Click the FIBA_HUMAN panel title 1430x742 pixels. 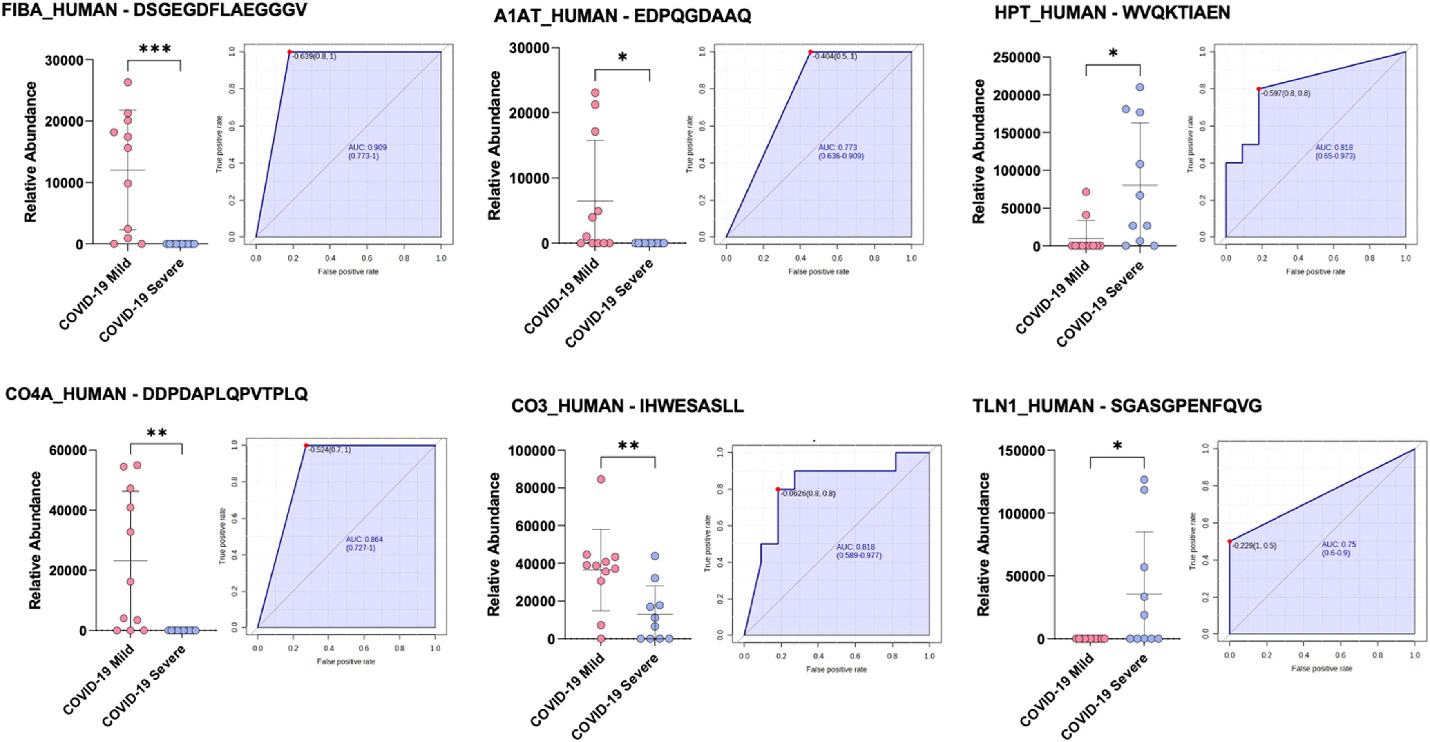pos(154,10)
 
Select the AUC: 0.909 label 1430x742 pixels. pos(367,147)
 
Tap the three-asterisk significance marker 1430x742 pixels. pos(155,49)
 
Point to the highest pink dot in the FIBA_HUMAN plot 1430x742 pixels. pos(127,82)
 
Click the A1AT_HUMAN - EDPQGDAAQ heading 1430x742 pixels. pos(622,16)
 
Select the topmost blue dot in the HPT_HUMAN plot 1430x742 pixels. pos(1140,87)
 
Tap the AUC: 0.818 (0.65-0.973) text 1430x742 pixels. pos(1334,152)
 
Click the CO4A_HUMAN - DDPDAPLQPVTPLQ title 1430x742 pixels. pos(156,394)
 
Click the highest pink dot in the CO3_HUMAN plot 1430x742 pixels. pos(601,479)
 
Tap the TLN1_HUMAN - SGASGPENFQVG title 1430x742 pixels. pos(1117,406)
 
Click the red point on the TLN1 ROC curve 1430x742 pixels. pos(1230,541)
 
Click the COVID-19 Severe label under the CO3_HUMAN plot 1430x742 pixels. pos(614,696)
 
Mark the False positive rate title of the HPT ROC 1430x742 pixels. pos(1315,272)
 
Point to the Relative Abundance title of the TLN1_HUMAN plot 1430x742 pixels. pos(983,544)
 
